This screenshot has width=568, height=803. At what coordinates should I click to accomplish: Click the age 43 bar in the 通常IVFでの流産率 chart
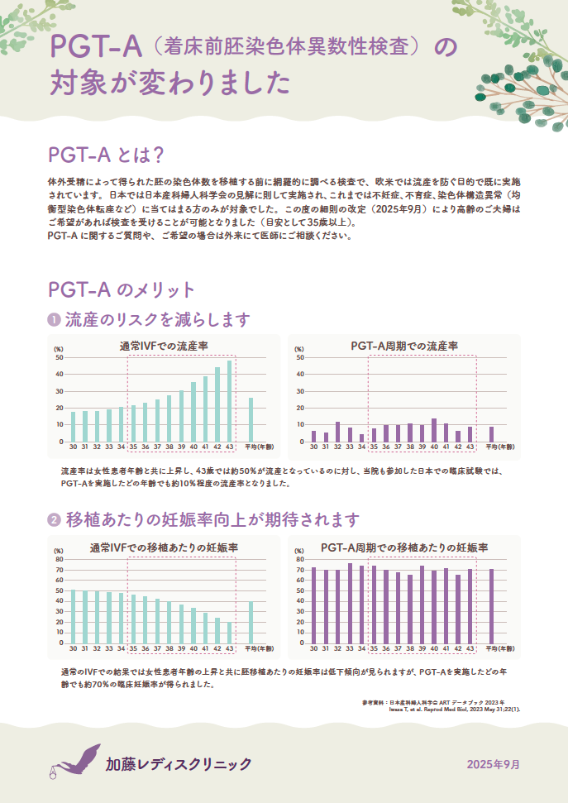click(x=230, y=402)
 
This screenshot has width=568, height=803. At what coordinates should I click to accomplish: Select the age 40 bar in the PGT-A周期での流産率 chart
click(x=434, y=430)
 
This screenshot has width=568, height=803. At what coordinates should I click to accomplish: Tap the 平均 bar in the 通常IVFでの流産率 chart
click(x=251, y=420)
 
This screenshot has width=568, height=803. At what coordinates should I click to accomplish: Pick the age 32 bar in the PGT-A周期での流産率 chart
click(x=337, y=432)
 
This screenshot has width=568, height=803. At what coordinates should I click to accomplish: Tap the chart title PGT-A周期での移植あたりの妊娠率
click(x=403, y=548)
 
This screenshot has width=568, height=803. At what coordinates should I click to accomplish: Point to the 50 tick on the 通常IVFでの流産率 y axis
click(x=59, y=357)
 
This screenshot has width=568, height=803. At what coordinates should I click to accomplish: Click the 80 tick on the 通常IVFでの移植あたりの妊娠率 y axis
click(x=59, y=559)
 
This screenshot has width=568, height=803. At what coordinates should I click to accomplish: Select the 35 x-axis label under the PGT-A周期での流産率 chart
click(x=374, y=447)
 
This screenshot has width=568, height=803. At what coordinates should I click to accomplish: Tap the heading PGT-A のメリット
click(x=122, y=289)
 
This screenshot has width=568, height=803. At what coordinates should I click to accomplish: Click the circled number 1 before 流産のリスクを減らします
click(x=54, y=319)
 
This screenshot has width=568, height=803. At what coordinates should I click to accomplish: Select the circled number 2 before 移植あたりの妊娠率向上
click(x=54, y=520)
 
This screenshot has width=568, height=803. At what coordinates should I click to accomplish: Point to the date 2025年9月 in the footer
click(x=494, y=763)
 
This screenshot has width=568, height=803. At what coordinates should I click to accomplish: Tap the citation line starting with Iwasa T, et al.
click(x=460, y=709)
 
